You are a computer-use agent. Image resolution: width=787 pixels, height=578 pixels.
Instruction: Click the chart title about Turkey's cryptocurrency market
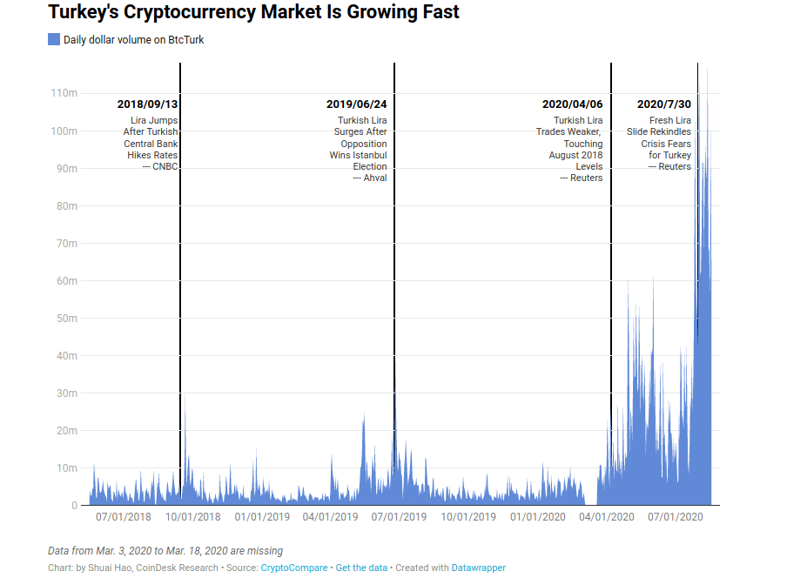point(253,13)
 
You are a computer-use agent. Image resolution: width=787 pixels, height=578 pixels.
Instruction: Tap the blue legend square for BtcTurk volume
point(54,39)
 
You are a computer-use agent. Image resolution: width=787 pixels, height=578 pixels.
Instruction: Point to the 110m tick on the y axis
point(65,93)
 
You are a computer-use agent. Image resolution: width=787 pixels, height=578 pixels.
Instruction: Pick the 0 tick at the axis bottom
point(74,505)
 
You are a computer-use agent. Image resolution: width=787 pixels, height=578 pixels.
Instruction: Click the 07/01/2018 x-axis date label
point(123,517)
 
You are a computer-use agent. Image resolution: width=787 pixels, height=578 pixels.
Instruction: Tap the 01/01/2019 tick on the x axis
point(262,517)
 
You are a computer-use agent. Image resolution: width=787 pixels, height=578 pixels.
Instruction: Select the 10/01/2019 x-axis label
point(468,517)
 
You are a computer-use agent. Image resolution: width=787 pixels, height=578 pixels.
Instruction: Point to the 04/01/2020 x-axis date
point(607,517)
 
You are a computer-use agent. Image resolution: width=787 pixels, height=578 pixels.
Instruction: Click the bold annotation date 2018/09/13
point(148,104)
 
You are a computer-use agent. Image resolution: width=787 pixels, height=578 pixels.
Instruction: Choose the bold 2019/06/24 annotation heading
point(357,104)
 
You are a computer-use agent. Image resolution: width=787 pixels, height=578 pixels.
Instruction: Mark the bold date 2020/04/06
point(572,104)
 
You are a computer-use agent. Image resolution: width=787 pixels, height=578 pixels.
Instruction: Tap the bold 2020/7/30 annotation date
point(664,104)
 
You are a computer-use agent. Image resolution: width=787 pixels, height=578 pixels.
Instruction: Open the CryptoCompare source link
point(294,568)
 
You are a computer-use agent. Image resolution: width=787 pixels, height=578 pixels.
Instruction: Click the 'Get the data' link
point(361,568)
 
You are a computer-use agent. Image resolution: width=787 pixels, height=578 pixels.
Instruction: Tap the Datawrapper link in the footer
point(478,568)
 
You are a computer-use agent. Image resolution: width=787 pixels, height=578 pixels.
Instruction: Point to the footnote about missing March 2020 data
point(165,551)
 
